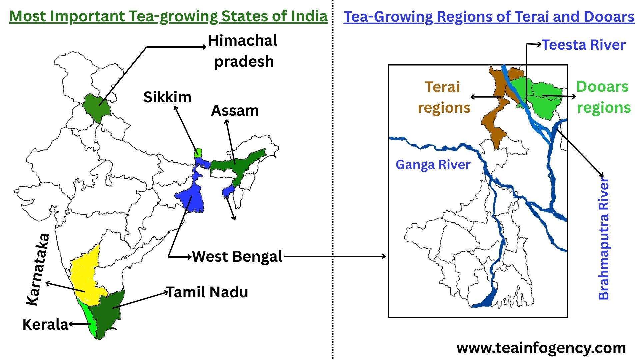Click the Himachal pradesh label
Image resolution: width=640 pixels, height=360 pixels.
point(243,51)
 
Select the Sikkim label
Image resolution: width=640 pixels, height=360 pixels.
point(167,97)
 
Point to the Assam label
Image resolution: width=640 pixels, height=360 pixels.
point(235,111)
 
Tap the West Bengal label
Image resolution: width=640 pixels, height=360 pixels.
point(237,257)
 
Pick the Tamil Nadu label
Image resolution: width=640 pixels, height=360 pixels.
point(207,292)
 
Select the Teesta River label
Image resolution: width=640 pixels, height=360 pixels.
point(584,45)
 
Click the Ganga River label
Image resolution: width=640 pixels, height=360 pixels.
point(433,165)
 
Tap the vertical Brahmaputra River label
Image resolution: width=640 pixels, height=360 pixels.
point(604,238)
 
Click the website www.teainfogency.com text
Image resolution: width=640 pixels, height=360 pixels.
point(541,348)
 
